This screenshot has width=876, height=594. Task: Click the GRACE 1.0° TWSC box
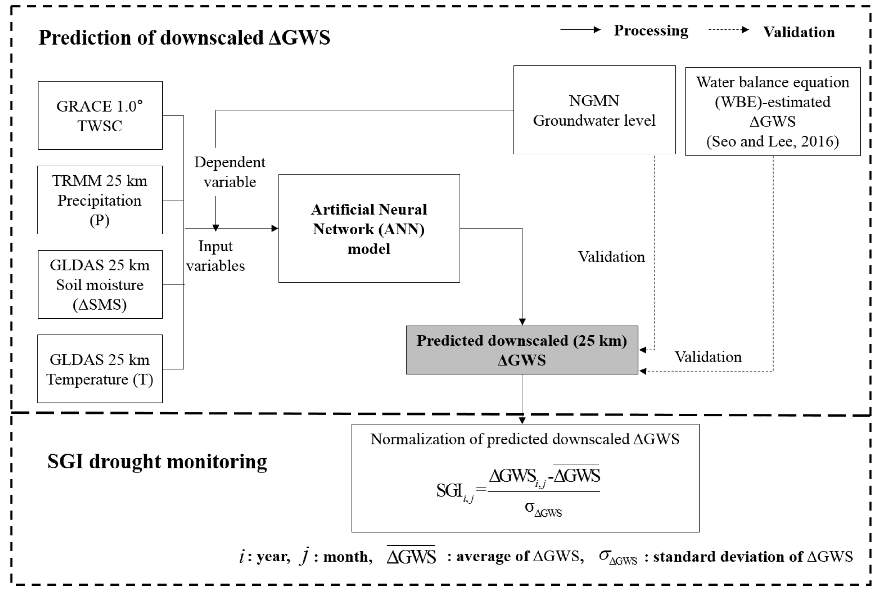[100, 115]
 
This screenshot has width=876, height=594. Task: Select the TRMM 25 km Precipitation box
[100, 200]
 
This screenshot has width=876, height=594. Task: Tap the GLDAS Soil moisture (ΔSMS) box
[100, 284]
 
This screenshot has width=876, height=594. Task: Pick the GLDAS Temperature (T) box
[100, 369]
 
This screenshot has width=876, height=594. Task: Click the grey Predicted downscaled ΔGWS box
[522, 350]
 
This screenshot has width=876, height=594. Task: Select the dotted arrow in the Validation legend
[728, 30]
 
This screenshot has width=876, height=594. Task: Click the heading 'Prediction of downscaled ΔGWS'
[184, 37]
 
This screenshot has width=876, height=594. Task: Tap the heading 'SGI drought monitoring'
[157, 461]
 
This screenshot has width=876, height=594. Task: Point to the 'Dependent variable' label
[230, 172]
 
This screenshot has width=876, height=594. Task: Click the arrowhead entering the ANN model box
[275, 228]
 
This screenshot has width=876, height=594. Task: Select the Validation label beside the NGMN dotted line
[611, 257]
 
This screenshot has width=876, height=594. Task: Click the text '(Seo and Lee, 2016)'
[772, 141]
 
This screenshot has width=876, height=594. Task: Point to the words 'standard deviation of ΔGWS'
[752, 557]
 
